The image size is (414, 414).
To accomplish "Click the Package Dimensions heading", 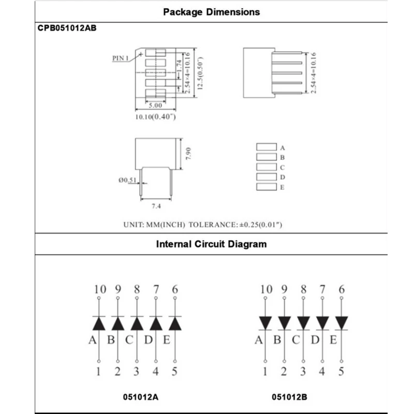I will [x=212, y=11].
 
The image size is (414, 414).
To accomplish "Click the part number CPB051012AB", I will [x=67, y=29].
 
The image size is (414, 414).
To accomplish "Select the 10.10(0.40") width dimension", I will [x=156, y=117].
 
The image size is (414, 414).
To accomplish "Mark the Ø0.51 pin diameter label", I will [x=127, y=180].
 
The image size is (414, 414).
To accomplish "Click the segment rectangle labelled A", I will [x=266, y=147].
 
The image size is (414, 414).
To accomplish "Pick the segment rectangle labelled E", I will [x=266, y=187].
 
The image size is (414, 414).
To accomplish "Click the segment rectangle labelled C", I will [x=266, y=167].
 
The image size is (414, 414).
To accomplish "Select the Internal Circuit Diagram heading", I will [x=212, y=244].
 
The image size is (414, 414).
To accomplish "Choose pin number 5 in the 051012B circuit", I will [x=341, y=371].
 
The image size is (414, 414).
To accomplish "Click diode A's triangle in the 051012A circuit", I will [x=99, y=323].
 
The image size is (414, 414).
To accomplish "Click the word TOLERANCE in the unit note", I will [x=212, y=225].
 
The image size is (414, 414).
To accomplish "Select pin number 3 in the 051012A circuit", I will [x=136, y=371].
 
